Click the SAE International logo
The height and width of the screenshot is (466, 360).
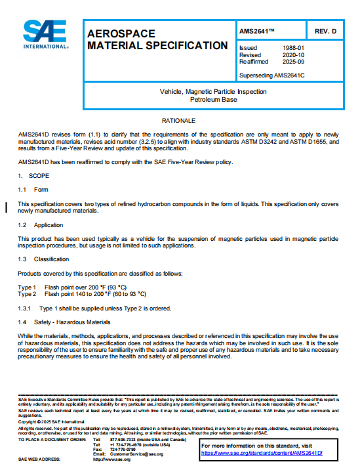click(45, 34)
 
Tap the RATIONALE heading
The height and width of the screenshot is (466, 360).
click(179, 121)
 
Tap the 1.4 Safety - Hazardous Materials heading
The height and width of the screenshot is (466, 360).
click(64, 322)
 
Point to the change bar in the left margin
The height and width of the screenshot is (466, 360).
click(7, 208)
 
